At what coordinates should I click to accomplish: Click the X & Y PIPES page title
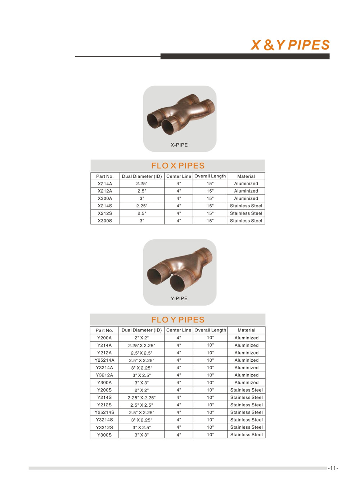(x=290, y=45)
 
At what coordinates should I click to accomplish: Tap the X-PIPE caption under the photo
(x=179, y=145)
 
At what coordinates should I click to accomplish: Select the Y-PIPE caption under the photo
(x=179, y=298)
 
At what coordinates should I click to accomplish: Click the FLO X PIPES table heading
(x=178, y=166)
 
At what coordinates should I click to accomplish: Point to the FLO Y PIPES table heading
(x=178, y=320)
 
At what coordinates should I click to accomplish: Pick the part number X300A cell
(x=105, y=198)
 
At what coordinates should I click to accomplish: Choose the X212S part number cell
(x=105, y=213)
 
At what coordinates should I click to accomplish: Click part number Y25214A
(x=104, y=360)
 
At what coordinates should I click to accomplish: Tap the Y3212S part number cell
(x=104, y=427)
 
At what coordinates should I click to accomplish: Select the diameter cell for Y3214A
(x=142, y=368)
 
